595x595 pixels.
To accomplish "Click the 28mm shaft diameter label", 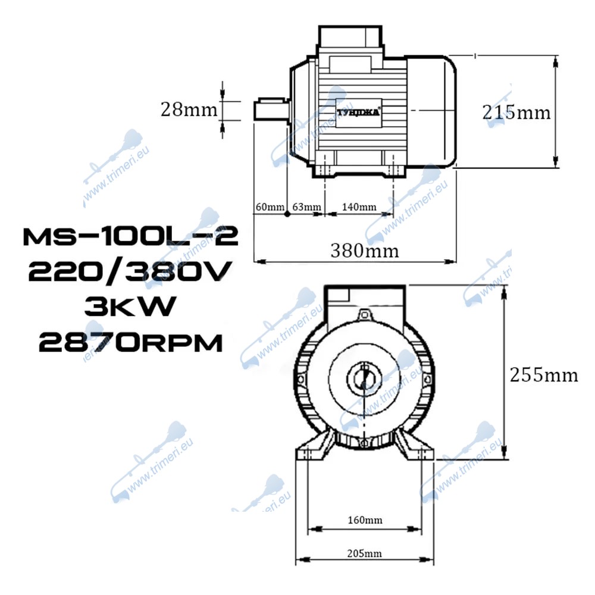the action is [189, 109].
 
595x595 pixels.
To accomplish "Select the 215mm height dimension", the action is [516, 112].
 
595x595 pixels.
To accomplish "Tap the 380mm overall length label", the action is [365, 250].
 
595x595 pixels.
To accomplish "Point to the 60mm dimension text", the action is [270, 207].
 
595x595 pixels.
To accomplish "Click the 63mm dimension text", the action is [306, 207].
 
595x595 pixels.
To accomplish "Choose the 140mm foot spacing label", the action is [359, 207].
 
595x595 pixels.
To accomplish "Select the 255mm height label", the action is [544, 375].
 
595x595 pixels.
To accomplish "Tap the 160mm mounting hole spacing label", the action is [365, 519].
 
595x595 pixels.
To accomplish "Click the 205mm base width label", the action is [364, 553].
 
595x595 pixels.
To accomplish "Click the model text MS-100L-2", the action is [130, 236].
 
